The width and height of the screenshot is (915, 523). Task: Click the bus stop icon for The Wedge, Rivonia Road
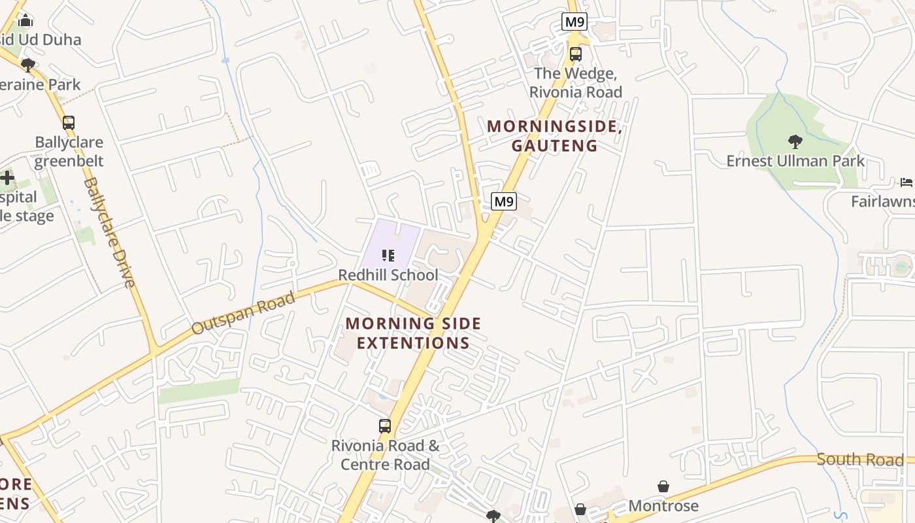click(575, 54)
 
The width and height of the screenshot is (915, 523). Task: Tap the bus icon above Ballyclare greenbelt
click(69, 122)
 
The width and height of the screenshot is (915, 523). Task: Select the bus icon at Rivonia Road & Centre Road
click(385, 426)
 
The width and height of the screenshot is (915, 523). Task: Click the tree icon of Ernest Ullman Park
click(795, 141)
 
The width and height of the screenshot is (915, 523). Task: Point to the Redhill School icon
click(388, 255)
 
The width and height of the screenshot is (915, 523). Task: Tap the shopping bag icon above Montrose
click(663, 486)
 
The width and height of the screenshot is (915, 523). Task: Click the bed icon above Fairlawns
click(906, 182)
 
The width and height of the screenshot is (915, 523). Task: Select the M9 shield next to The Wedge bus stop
click(574, 22)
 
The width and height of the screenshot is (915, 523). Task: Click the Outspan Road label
click(243, 314)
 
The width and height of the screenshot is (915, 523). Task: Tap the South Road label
click(859, 460)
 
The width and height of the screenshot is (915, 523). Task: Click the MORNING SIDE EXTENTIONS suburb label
click(413, 333)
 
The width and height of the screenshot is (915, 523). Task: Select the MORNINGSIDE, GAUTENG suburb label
click(554, 136)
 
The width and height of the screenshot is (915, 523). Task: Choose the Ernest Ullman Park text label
click(795, 161)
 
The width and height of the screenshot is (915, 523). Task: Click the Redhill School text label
click(388, 275)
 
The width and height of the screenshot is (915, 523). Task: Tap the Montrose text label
click(663, 506)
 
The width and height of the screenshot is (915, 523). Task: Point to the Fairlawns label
click(882, 201)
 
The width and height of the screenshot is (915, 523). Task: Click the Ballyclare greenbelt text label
click(69, 152)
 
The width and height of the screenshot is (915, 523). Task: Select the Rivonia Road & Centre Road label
click(385, 455)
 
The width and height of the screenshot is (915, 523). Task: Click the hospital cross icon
click(7, 178)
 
